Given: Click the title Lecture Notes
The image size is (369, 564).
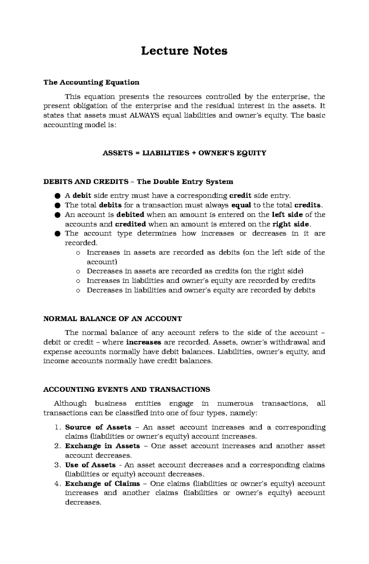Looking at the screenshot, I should (184, 51).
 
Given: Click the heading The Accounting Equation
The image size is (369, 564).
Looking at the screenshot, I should (91, 82).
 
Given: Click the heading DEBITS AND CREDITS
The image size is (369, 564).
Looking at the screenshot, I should (86, 182).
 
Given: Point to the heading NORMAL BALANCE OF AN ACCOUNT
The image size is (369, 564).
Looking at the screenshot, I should (113, 319).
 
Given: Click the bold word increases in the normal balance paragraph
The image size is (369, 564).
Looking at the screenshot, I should (144, 342).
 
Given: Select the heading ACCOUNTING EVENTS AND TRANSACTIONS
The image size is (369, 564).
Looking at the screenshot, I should (127, 389).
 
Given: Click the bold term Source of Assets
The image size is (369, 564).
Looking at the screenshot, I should (98, 427).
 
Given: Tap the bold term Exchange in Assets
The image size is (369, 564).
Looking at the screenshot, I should (102, 446).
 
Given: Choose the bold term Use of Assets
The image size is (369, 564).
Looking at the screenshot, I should (90, 465).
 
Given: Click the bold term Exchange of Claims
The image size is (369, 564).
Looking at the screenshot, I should (102, 484).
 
